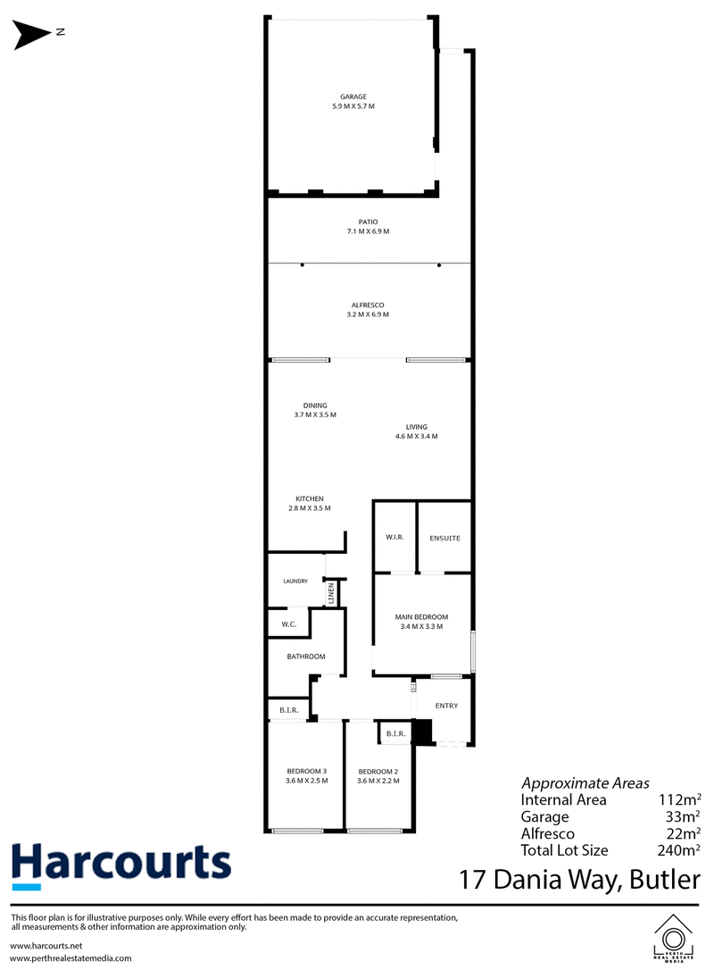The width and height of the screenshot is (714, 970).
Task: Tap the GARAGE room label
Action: click(353, 96)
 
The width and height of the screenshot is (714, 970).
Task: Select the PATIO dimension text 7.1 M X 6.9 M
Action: click(368, 231)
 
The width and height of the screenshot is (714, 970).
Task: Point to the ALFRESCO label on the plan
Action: click(368, 305)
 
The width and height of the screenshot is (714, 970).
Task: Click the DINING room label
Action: click(315, 406)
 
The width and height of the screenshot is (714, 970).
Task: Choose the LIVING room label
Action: click(417, 427)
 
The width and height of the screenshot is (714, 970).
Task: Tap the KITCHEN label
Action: click(310, 498)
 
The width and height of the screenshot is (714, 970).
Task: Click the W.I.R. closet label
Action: click(395, 537)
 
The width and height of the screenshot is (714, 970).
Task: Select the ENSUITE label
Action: click(445, 539)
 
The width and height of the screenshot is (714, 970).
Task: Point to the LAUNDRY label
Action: click(295, 581)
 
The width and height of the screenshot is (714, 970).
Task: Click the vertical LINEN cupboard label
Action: click(331, 593)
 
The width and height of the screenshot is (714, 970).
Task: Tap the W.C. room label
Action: click(289, 625)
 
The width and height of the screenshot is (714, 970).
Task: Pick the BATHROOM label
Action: click(306, 656)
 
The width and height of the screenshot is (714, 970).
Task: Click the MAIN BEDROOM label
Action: click(421, 617)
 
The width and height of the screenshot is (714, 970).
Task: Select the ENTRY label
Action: click(446, 706)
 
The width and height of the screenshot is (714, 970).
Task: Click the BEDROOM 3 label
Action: click(307, 772)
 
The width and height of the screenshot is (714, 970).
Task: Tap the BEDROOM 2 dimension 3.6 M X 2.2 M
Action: click(378, 781)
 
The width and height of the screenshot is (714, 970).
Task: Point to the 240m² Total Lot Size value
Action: click(679, 850)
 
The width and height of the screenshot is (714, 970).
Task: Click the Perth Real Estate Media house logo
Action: click(673, 937)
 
